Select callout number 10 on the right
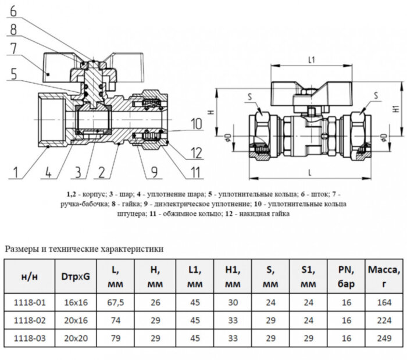[195, 124]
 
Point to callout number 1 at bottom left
[15, 173]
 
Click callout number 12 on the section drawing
[195, 153]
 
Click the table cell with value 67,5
[113, 302]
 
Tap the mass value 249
[383, 337]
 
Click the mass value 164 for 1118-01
[383, 302]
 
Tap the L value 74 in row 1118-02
[113, 319]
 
